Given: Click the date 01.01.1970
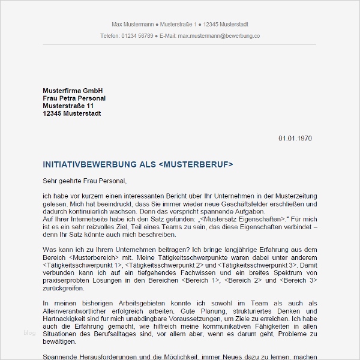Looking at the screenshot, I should click(295, 139).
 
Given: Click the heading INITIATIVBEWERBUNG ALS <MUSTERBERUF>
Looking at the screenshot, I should click(138, 164).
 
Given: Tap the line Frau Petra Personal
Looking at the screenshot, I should click(74, 98).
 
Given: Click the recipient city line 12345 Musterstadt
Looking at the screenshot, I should click(72, 113).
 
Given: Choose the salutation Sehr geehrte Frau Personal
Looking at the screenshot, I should click(85, 180).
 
